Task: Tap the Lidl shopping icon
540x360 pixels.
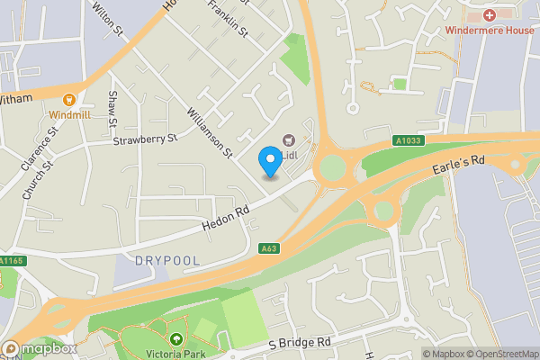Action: (289, 140)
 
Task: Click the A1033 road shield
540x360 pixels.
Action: (408, 140)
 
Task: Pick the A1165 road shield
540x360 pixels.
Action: (10, 261)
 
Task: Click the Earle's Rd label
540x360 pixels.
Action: (459, 161)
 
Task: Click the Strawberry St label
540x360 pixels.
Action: (146, 139)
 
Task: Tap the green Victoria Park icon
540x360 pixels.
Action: (175, 339)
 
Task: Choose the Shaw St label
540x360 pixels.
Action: (112, 108)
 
